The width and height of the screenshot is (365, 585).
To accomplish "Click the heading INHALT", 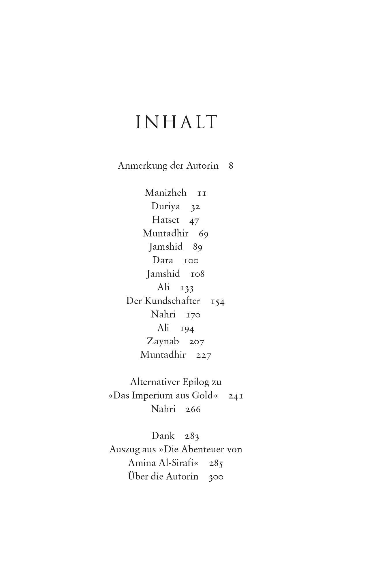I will click(176, 122).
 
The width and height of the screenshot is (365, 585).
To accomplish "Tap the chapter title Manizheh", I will click(165, 193).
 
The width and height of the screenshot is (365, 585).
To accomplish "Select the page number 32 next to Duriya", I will click(195, 207).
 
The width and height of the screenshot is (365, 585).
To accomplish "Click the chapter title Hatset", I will click(165, 220).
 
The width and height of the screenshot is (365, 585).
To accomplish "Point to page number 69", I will click(204, 234).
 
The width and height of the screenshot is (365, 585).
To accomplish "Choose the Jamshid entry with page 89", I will click(165, 247).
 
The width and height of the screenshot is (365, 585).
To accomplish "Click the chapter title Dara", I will click(163, 260).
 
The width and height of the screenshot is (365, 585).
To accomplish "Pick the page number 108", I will click(197, 274).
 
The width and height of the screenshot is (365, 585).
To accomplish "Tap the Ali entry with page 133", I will click(163, 287).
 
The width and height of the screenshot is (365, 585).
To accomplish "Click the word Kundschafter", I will click(172, 301).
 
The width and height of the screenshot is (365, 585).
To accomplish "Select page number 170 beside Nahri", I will click(193, 315).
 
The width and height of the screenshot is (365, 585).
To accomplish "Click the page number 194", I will click(187, 328).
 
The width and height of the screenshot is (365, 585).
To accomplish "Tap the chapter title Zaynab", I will click(163, 341).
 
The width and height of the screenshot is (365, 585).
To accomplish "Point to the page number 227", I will click(204, 355).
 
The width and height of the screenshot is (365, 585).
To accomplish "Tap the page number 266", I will click(193, 409).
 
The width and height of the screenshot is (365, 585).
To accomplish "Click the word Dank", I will click(163, 436).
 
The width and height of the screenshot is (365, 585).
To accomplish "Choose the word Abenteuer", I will click(203, 449).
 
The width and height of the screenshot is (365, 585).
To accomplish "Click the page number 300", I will click(216, 477).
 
